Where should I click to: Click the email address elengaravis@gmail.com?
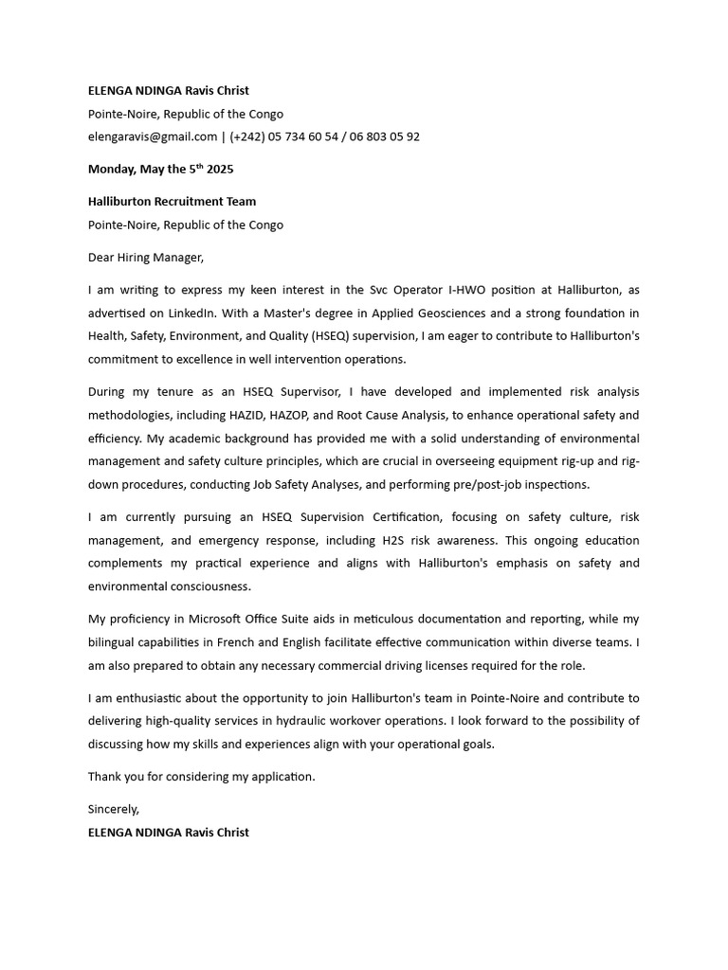click(153, 136)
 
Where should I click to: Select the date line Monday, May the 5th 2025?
click(160, 170)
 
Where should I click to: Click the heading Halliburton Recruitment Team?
click(172, 202)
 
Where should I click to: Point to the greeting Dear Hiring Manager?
click(145, 257)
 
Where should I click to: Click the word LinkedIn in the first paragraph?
click(193, 314)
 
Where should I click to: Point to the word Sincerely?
click(114, 809)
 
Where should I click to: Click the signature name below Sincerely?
click(169, 833)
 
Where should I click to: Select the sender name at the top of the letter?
click(169, 91)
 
